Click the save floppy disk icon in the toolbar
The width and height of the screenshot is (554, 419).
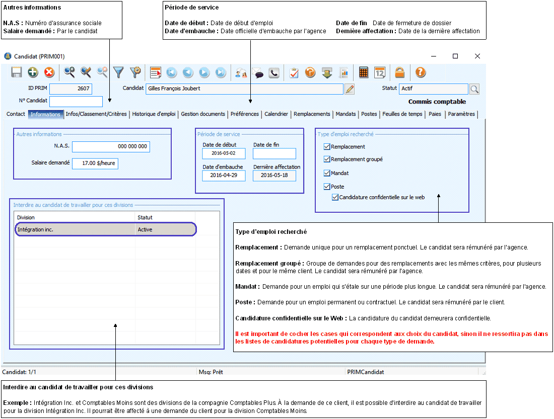(x=17, y=72)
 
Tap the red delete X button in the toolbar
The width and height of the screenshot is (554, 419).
(x=49, y=72)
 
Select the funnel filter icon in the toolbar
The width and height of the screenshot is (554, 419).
(x=118, y=72)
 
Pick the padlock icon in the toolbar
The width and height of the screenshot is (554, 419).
(x=400, y=72)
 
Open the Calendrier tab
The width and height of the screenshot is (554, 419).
(x=276, y=114)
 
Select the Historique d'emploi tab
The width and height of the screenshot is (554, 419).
(x=154, y=114)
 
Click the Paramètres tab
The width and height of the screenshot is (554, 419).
(x=461, y=114)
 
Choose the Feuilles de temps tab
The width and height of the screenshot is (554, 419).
(x=402, y=114)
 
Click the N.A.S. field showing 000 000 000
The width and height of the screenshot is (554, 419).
(x=111, y=146)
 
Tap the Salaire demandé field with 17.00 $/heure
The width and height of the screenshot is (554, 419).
(x=95, y=164)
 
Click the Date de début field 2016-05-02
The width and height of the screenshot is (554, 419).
(x=224, y=153)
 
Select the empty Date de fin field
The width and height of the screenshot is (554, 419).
(x=274, y=153)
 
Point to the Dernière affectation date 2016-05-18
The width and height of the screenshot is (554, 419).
(x=274, y=176)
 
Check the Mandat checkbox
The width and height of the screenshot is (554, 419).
(x=327, y=173)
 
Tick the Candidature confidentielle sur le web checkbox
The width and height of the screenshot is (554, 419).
(x=335, y=197)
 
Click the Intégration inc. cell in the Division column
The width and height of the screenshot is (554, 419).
(x=75, y=229)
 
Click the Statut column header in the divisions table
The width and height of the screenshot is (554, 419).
(x=145, y=217)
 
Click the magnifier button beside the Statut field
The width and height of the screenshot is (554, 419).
(x=474, y=89)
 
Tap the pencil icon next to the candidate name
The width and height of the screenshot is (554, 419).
(x=350, y=89)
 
